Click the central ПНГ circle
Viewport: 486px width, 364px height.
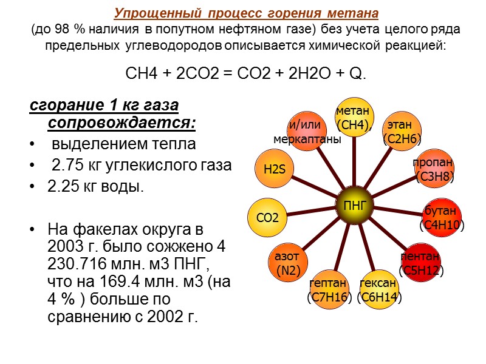click(x=355, y=205)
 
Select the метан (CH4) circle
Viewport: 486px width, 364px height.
click(x=355, y=118)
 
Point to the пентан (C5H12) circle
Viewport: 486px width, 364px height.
click(x=422, y=263)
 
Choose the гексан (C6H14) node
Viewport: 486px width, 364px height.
click(x=378, y=289)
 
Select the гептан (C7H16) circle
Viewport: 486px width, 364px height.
click(x=329, y=289)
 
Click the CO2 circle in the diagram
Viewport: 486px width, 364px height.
click(x=267, y=217)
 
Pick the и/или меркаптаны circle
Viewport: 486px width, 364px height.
click(x=307, y=132)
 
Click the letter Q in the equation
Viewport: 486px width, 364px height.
click(x=358, y=75)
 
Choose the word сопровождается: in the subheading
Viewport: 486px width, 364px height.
click(x=122, y=124)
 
